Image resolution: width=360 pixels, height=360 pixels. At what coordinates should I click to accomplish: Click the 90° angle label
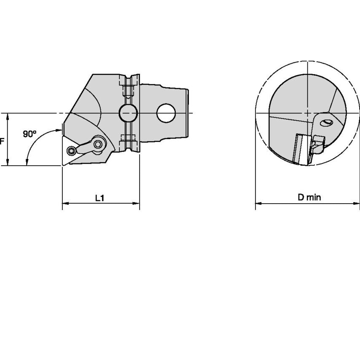coord(30,134)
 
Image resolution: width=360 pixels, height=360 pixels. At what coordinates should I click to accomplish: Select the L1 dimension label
coord(100,198)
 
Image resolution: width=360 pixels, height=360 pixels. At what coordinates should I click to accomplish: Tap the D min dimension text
coord(309,197)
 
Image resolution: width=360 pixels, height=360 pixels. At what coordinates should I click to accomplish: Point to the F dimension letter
coord(2,141)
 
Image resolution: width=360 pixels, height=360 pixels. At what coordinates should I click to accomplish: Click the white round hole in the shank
coord(166,113)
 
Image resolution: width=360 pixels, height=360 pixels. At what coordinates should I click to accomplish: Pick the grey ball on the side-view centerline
coord(128,113)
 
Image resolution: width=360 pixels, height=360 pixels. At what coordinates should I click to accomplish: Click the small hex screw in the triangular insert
coord(71,151)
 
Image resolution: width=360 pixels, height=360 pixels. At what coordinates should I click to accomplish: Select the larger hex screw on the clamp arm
coord(98,144)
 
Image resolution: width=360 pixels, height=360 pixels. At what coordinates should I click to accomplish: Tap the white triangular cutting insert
coord(69,150)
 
